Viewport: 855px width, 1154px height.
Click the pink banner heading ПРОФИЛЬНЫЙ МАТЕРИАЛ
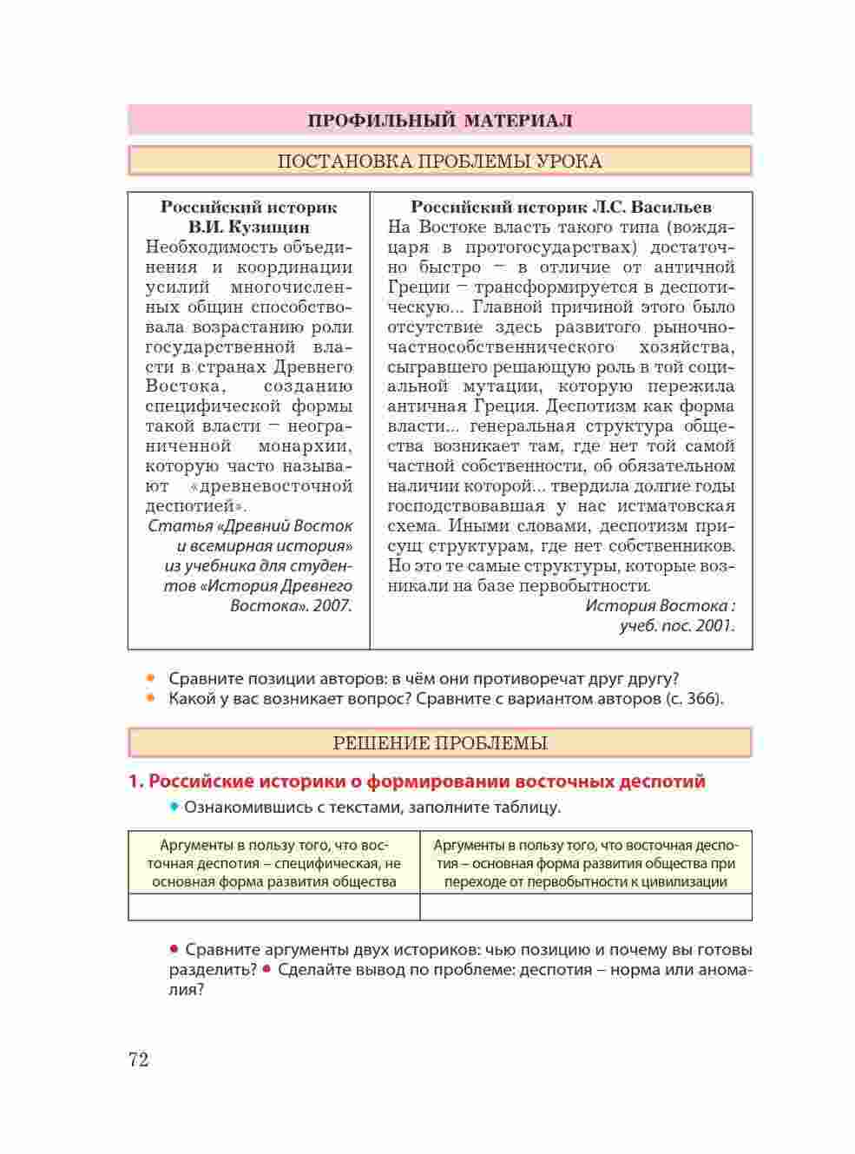click(x=439, y=121)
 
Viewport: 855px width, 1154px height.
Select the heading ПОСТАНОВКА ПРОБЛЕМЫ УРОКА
click(x=439, y=162)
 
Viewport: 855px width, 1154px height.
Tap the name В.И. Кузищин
click(x=249, y=228)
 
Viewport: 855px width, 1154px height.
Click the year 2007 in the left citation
click(x=332, y=605)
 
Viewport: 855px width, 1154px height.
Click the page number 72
click(x=139, y=1060)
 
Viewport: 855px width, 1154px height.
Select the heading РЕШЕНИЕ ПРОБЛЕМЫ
click(x=439, y=743)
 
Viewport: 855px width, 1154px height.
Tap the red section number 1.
click(x=135, y=781)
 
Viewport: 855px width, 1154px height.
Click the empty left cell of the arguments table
click(x=273, y=907)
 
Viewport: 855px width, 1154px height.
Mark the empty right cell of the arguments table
click(x=586, y=907)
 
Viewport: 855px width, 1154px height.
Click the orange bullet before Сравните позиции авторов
click(x=151, y=678)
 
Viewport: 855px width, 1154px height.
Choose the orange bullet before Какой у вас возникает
click(x=151, y=698)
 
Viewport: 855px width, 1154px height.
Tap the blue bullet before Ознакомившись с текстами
click(x=174, y=808)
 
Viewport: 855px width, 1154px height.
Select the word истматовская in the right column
click(x=680, y=506)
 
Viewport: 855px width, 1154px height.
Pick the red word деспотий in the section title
click(x=661, y=781)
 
